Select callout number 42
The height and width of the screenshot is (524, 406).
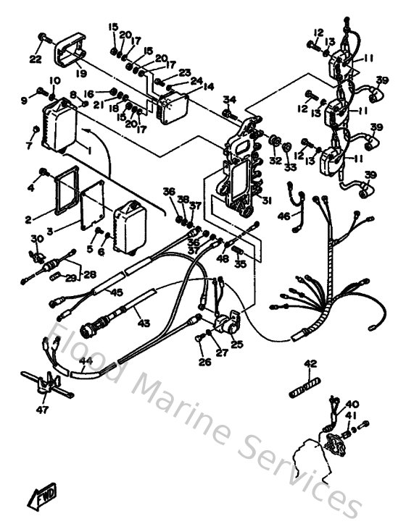(310, 363)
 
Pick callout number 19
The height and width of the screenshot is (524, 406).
(80, 72)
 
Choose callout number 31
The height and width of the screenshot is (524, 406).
(266, 202)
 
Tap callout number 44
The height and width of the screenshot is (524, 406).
(86, 360)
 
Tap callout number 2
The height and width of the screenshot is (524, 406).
(28, 218)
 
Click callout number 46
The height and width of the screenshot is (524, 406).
(283, 216)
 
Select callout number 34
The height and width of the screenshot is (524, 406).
(229, 99)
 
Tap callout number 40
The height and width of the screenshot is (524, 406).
(352, 405)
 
